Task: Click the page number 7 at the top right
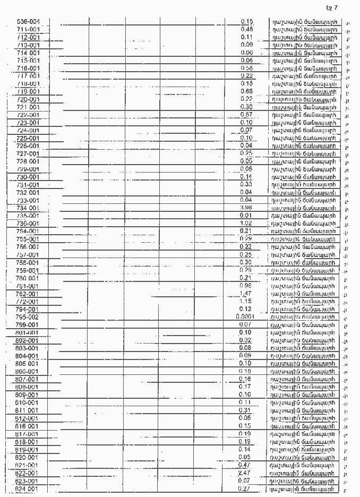336,7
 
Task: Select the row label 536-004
28,21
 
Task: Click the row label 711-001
28,29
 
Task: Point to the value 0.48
246,29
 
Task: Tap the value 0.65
246,91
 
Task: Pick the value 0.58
246,68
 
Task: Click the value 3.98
246,208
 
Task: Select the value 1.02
246,224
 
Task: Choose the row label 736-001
28,224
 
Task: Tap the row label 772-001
28,302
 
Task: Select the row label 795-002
28,317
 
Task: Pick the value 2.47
245,473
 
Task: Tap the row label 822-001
28,473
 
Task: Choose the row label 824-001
28,489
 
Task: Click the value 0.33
246,184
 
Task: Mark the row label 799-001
28,324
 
